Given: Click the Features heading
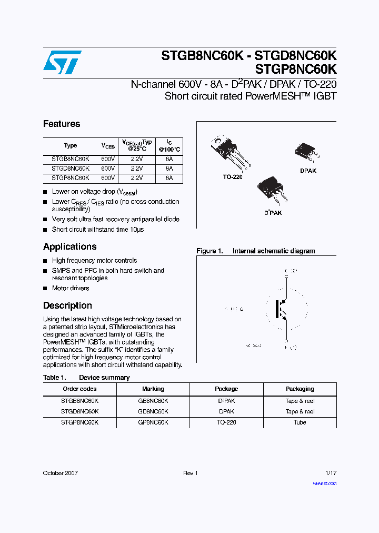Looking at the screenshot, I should pyautogui.click(x=62, y=124).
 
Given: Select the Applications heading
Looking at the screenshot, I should pyautogui.click(x=69, y=246).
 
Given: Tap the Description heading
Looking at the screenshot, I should pyautogui.click(x=67, y=305).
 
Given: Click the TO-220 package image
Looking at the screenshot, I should pyautogui.click(x=228, y=152).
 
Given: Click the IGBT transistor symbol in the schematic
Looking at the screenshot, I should pyautogui.click(x=282, y=309).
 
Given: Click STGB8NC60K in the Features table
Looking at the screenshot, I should pyautogui.click(x=70, y=159).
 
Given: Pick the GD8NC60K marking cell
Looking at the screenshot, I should pyautogui.click(x=153, y=411).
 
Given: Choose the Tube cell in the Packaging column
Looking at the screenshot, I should pyautogui.click(x=300, y=422).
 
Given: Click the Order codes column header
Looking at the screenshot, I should pyautogui.click(x=79, y=389).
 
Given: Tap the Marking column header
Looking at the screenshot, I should pyautogui.click(x=153, y=389).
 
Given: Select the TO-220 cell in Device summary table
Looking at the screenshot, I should pyautogui.click(x=226, y=422).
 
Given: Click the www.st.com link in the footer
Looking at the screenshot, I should pyautogui.click(x=324, y=483).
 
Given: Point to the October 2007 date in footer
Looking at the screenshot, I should pyautogui.click(x=60, y=473).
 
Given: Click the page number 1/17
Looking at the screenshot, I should pyautogui.click(x=330, y=473).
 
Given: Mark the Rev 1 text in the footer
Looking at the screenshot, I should pyautogui.click(x=190, y=473).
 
